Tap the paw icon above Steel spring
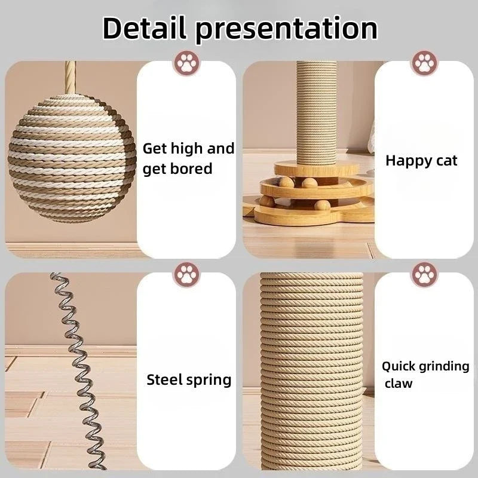tap(186, 275)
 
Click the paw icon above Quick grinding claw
tap(424, 275)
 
